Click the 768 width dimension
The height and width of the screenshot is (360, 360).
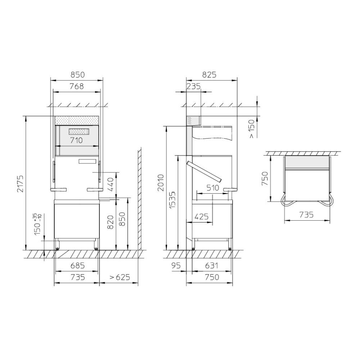[x=77, y=86]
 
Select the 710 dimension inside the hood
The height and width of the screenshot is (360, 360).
[x=76, y=140]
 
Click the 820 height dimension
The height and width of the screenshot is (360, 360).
[x=110, y=222]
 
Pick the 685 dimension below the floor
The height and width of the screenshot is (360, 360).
[x=78, y=266]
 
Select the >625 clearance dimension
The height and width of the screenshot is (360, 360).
[x=120, y=277]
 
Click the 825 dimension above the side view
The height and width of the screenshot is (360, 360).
[x=209, y=75]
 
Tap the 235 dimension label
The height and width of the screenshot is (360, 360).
[x=194, y=86]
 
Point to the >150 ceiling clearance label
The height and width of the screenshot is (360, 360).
[x=252, y=129]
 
